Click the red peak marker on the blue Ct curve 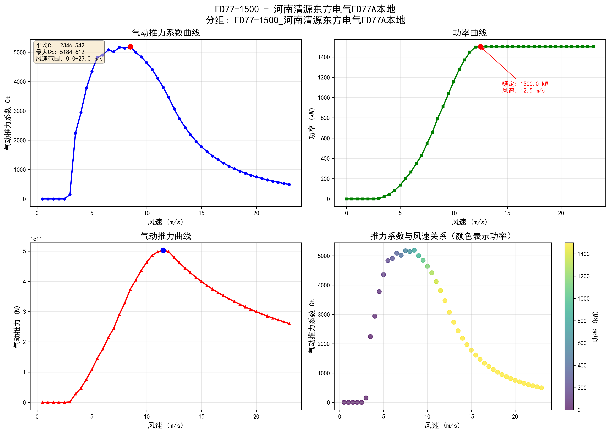coord(130,47)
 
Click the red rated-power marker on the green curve coord(481,47)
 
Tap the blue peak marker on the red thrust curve coord(163,250)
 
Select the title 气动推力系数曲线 coord(166,33)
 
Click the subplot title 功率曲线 coord(470,33)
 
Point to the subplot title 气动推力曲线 coord(166,236)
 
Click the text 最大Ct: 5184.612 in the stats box coord(60,52)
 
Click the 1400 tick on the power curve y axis coord(324,57)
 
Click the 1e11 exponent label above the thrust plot coord(36,239)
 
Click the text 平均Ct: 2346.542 coord(60,45)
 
